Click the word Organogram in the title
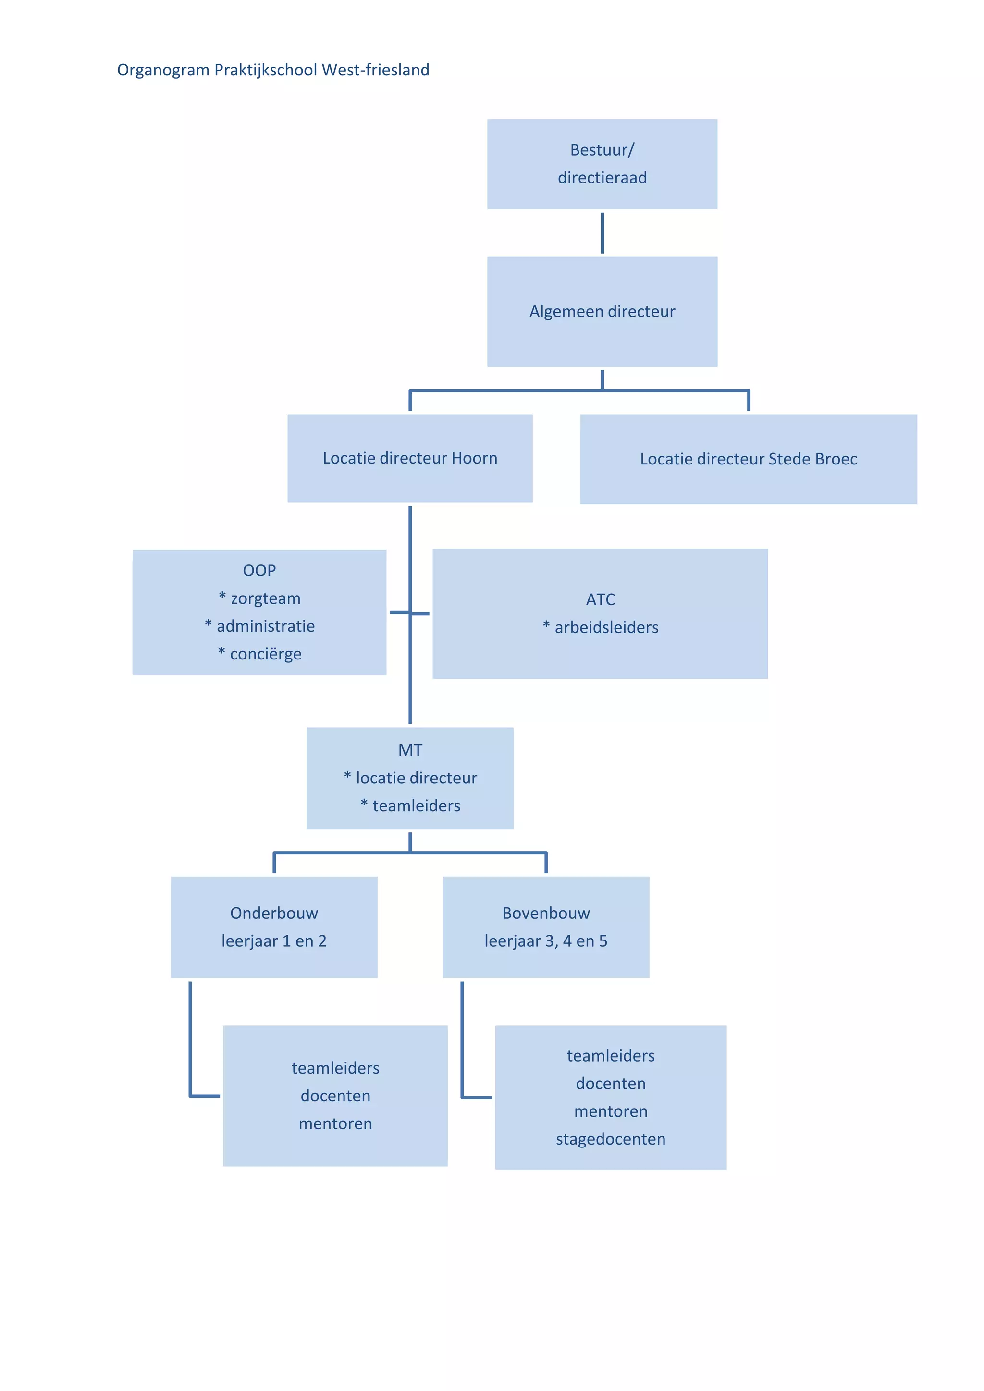(x=163, y=70)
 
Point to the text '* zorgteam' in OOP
(x=259, y=598)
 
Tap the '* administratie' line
(x=259, y=626)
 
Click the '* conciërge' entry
(x=259, y=654)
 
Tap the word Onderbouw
(x=274, y=914)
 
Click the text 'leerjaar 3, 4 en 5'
(x=545, y=941)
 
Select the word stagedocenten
(x=610, y=1140)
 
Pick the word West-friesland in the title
(x=375, y=70)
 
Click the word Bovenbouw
(x=545, y=914)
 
